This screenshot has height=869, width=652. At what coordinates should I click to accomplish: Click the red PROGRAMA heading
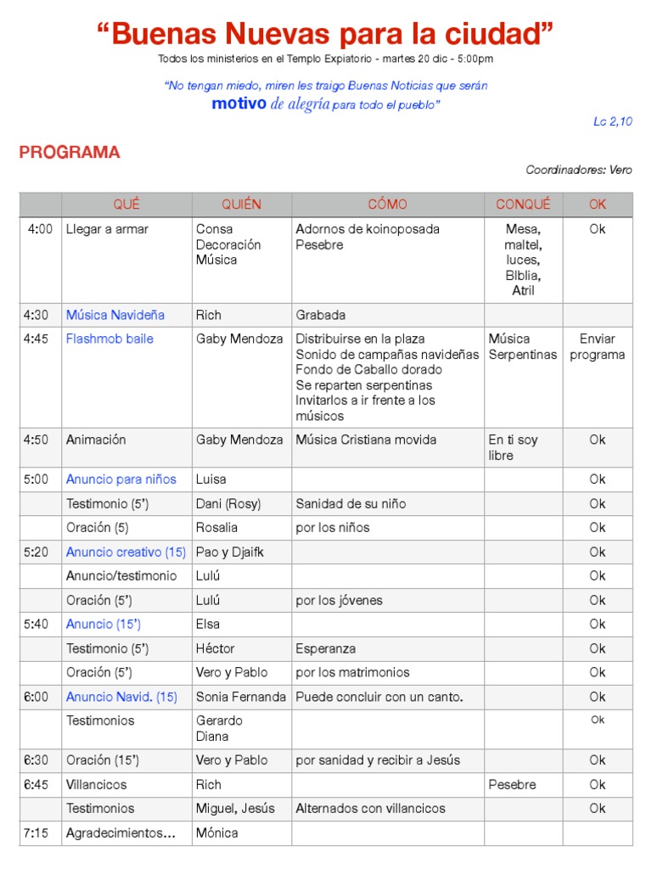pyautogui.click(x=70, y=153)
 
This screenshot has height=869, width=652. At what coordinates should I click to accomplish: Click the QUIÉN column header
pyautogui.click(x=242, y=205)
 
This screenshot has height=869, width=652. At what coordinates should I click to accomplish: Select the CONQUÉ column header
pyautogui.click(x=523, y=205)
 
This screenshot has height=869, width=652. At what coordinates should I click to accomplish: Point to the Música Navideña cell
pyautogui.click(x=115, y=315)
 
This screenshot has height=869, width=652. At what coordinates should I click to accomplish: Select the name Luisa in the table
pyautogui.click(x=211, y=479)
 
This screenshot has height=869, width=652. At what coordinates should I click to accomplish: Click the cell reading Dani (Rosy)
pyautogui.click(x=228, y=503)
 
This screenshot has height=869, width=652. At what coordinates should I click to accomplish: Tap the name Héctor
pyautogui.click(x=215, y=648)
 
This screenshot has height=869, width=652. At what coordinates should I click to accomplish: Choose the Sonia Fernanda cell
pyautogui.click(x=241, y=697)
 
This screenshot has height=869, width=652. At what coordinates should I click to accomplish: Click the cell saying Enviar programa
pyautogui.click(x=598, y=346)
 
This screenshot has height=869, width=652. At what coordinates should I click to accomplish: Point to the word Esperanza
pyautogui.click(x=326, y=648)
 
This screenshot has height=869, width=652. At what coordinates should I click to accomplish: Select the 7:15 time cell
pyautogui.click(x=37, y=833)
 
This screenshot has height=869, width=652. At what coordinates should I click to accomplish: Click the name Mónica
pyautogui.click(x=216, y=833)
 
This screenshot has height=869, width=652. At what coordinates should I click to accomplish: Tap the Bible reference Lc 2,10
pyautogui.click(x=613, y=121)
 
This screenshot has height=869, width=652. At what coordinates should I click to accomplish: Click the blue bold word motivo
pyautogui.click(x=239, y=104)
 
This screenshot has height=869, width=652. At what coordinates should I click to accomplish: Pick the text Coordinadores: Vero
pyautogui.click(x=579, y=170)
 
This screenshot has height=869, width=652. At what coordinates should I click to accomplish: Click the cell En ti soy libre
pyautogui.click(x=513, y=447)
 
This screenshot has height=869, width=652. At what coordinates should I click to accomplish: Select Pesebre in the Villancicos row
pyautogui.click(x=512, y=784)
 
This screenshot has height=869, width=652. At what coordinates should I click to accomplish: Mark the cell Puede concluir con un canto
pyautogui.click(x=379, y=697)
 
